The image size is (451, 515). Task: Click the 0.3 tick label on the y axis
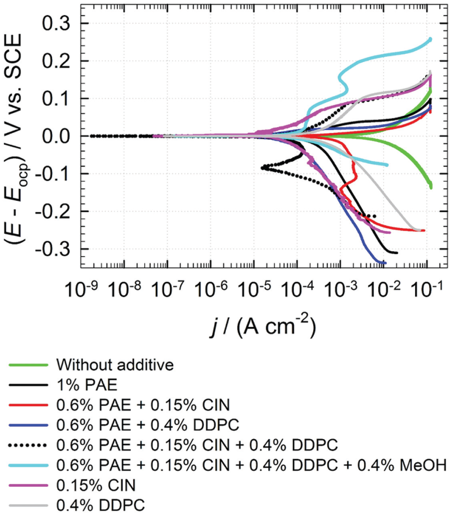pyautogui.click(x=58, y=23)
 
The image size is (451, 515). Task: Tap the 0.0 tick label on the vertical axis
pyautogui.click(x=58, y=136)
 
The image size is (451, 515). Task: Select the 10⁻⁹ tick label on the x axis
pyautogui.click(x=80, y=289)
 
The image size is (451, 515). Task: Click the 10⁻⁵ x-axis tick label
pyautogui.click(x=254, y=289)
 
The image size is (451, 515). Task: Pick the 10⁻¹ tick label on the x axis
pyautogui.click(x=427, y=289)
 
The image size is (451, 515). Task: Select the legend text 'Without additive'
pyautogui.click(x=115, y=364)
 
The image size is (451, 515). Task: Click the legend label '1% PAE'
pyautogui.click(x=87, y=384)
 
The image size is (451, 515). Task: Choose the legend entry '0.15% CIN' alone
pyautogui.click(x=96, y=485)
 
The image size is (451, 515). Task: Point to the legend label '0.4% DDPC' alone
pyautogui.click(x=101, y=505)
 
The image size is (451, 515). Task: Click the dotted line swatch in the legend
pyautogui.click(x=28, y=445)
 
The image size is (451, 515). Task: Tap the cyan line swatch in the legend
pyautogui.click(x=28, y=465)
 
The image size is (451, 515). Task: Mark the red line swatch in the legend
pyautogui.click(x=28, y=405)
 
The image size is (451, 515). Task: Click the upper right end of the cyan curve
pyautogui.click(x=430, y=39)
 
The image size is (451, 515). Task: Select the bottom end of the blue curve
pyautogui.click(x=385, y=263)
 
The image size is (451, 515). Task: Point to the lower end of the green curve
pyautogui.click(x=431, y=187)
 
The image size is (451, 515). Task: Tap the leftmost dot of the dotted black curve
pyautogui.click(x=91, y=136)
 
